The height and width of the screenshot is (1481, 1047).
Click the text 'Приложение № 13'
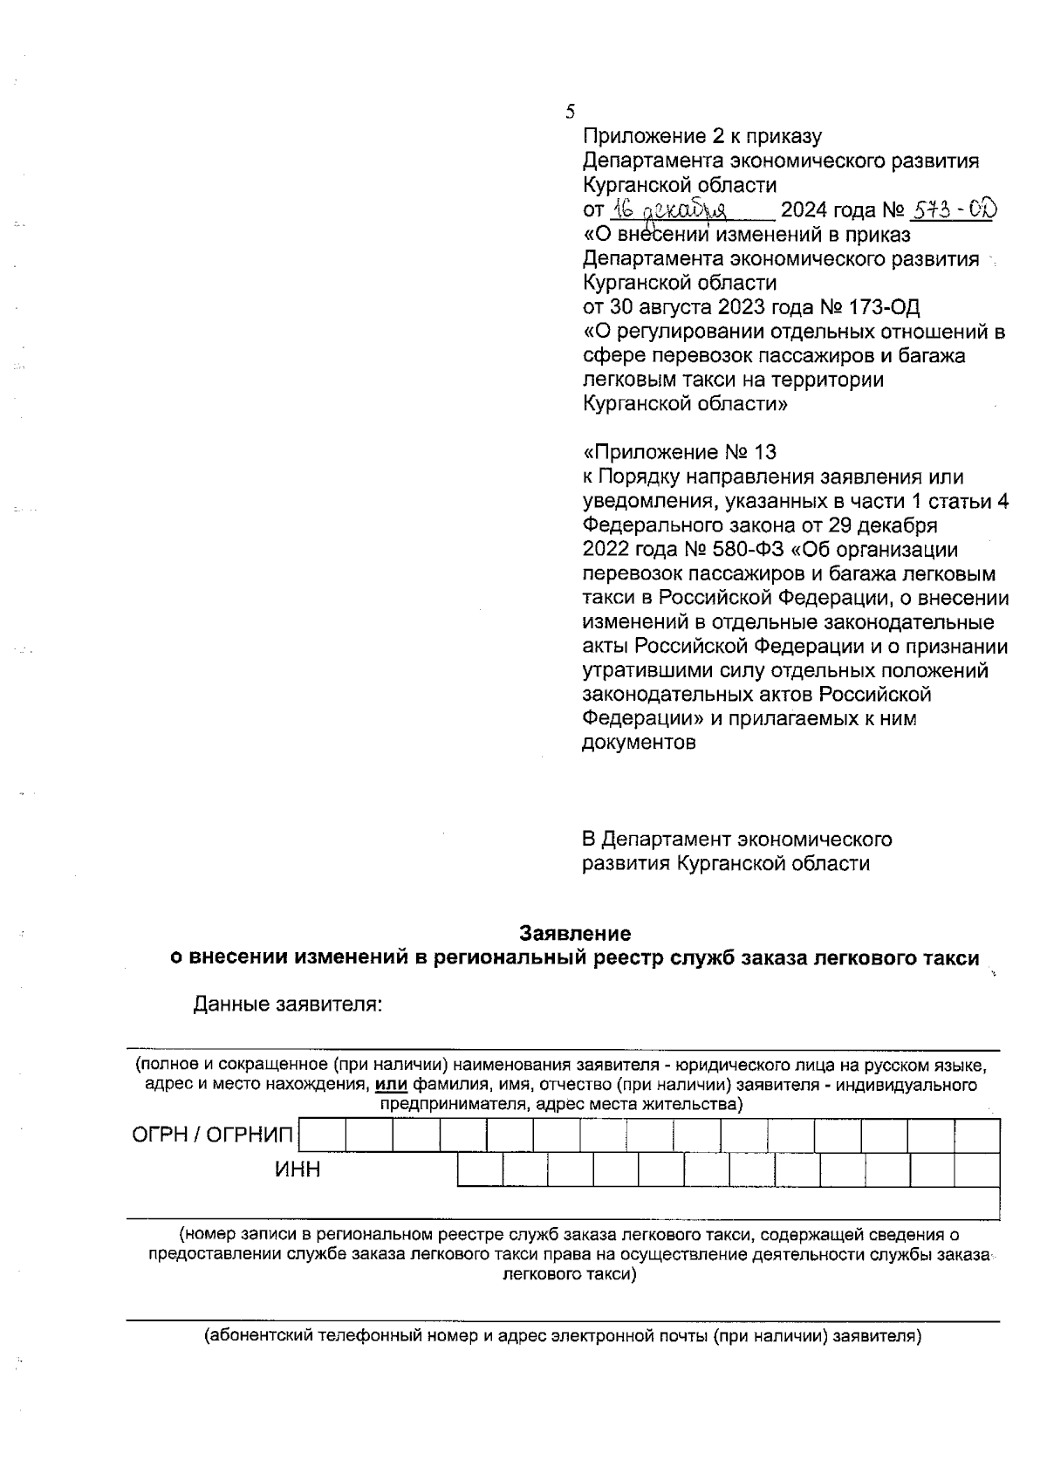click(x=680, y=452)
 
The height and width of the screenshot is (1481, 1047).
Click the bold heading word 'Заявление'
click(x=575, y=933)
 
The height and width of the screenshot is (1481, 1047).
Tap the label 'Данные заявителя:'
click(x=289, y=1004)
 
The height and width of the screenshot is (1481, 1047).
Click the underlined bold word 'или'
click(x=392, y=1086)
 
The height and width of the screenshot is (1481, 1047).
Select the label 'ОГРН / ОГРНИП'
click(x=213, y=1135)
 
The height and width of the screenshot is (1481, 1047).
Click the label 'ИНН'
click(x=298, y=1170)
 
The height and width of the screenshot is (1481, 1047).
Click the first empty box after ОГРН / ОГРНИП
click(x=323, y=1136)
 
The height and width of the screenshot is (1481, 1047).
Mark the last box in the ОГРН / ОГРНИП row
click(x=976, y=1136)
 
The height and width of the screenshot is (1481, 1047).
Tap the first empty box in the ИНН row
click(x=480, y=1170)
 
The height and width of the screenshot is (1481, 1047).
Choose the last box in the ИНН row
click(x=976, y=1170)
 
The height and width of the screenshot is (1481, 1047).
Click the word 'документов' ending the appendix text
click(x=639, y=744)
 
